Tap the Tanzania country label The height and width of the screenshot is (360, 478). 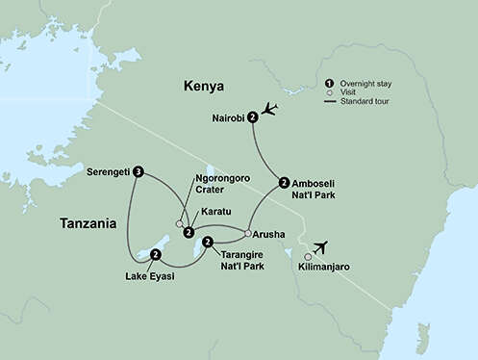88,223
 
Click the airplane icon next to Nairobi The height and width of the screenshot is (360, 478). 270,109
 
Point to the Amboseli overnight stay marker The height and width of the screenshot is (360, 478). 283,182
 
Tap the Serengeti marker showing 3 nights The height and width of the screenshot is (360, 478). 138,173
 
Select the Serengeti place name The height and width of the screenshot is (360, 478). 107,173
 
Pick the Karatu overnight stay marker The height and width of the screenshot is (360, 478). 189,232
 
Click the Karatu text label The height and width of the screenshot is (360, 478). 216,216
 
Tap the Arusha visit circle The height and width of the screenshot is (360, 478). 248,233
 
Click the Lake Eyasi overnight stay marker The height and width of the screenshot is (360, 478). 156,254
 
